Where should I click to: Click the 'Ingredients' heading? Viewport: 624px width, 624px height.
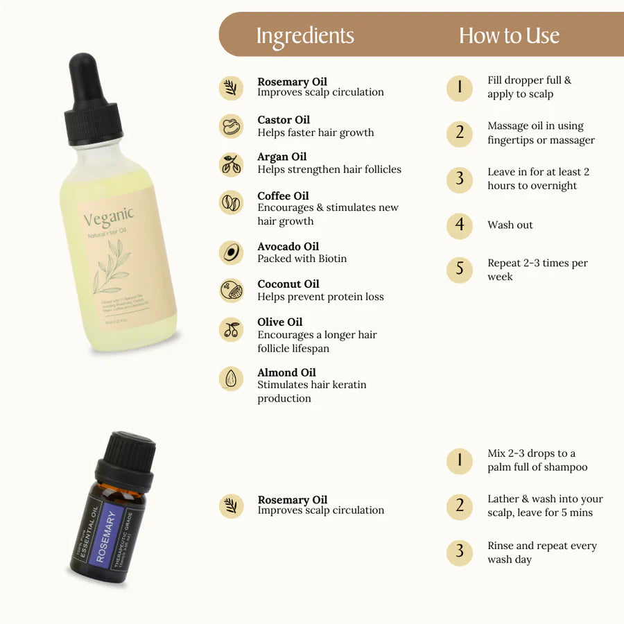(x=304, y=36)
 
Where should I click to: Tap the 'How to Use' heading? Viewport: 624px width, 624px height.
(x=509, y=36)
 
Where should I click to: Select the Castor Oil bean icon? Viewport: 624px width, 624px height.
(x=232, y=126)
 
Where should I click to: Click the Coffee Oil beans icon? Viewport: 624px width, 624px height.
(x=232, y=202)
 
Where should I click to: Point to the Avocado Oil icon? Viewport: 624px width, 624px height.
(x=232, y=252)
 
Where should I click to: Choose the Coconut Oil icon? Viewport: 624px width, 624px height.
(x=232, y=290)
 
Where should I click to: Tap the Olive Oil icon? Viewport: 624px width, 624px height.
(x=232, y=329)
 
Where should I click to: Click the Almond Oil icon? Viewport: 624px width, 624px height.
(x=232, y=379)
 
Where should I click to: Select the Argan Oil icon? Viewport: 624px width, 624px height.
(x=232, y=164)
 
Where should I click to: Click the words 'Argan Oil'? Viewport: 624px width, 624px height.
(x=281, y=157)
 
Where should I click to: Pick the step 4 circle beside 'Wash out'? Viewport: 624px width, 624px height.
(x=459, y=225)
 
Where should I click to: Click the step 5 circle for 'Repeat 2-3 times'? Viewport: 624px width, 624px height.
(x=459, y=268)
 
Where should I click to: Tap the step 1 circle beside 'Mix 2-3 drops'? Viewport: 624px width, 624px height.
(x=459, y=460)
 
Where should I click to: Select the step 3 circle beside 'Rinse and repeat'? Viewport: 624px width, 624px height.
(x=459, y=552)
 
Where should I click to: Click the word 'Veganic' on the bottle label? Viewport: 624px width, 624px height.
(x=109, y=218)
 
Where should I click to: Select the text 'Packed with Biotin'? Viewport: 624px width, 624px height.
(x=302, y=259)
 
